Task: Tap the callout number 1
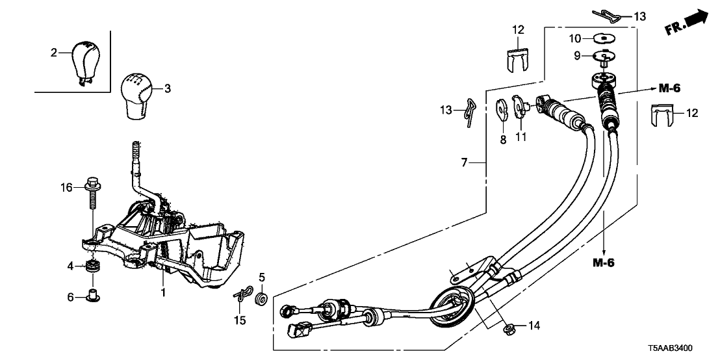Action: point(164,293)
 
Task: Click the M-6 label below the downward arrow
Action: point(604,263)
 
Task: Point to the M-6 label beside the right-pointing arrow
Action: point(672,88)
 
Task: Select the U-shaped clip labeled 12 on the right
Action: point(663,117)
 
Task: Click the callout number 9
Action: point(576,56)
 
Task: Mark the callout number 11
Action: point(521,137)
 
